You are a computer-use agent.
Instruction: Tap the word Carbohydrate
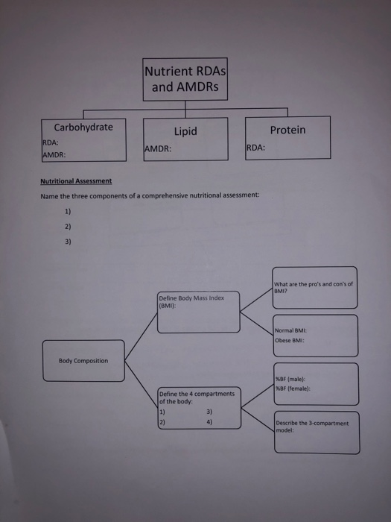click(x=83, y=127)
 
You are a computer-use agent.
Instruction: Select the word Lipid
click(x=185, y=131)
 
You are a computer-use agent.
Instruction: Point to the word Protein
click(x=287, y=130)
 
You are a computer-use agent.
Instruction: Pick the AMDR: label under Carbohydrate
click(x=54, y=155)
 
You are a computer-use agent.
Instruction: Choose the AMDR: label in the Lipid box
click(x=159, y=148)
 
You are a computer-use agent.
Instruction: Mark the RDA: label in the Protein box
click(x=255, y=148)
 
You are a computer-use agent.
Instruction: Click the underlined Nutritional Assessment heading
click(x=75, y=181)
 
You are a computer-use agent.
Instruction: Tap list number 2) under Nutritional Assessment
click(x=69, y=226)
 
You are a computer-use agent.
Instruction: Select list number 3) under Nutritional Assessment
click(x=69, y=241)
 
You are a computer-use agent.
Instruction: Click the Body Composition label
click(x=83, y=361)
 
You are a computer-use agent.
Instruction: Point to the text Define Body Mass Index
click(x=191, y=298)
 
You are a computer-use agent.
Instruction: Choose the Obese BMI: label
click(x=290, y=340)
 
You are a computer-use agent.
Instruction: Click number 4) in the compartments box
click(x=209, y=421)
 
